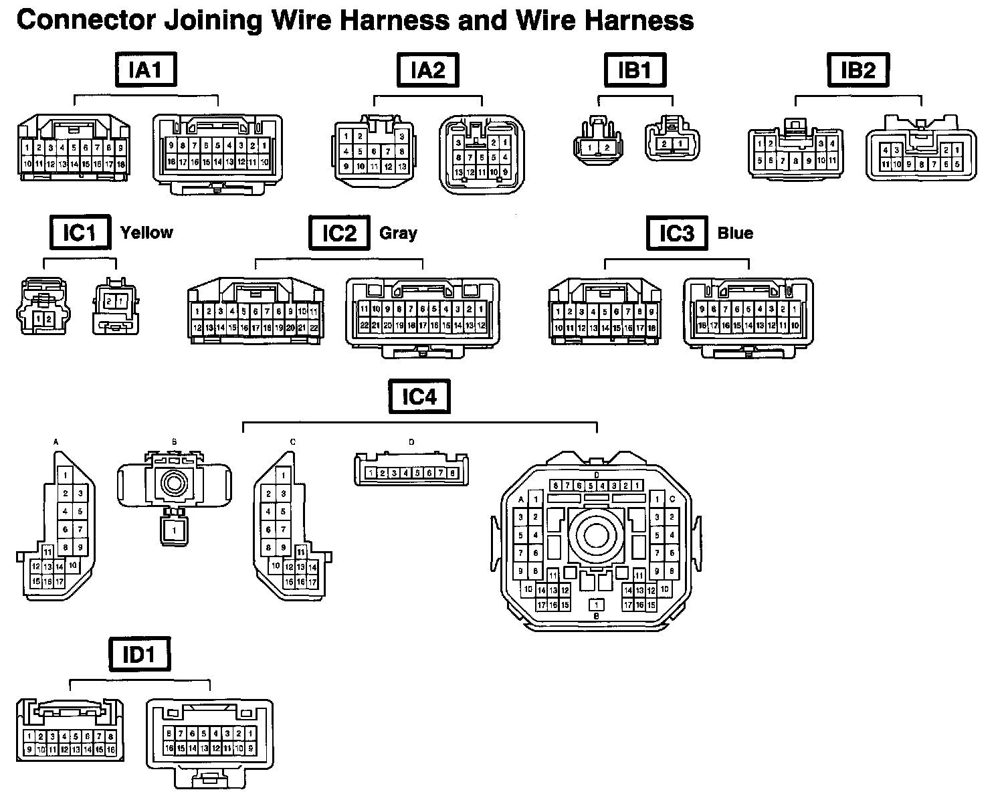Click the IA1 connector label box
click(146, 70)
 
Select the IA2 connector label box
click(428, 70)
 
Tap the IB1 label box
click(635, 70)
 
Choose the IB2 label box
click(858, 70)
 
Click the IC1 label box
click(80, 233)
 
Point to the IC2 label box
click(339, 233)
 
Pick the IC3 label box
click(677, 233)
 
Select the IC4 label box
click(419, 397)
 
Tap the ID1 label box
click(139, 655)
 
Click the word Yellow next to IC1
click(146, 233)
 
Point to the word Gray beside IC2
click(398, 233)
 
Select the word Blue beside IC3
click(735, 233)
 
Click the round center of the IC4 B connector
click(175, 482)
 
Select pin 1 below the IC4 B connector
click(174, 531)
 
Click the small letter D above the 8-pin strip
click(411, 442)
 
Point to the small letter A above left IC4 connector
click(56, 442)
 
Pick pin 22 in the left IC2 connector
click(314, 328)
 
